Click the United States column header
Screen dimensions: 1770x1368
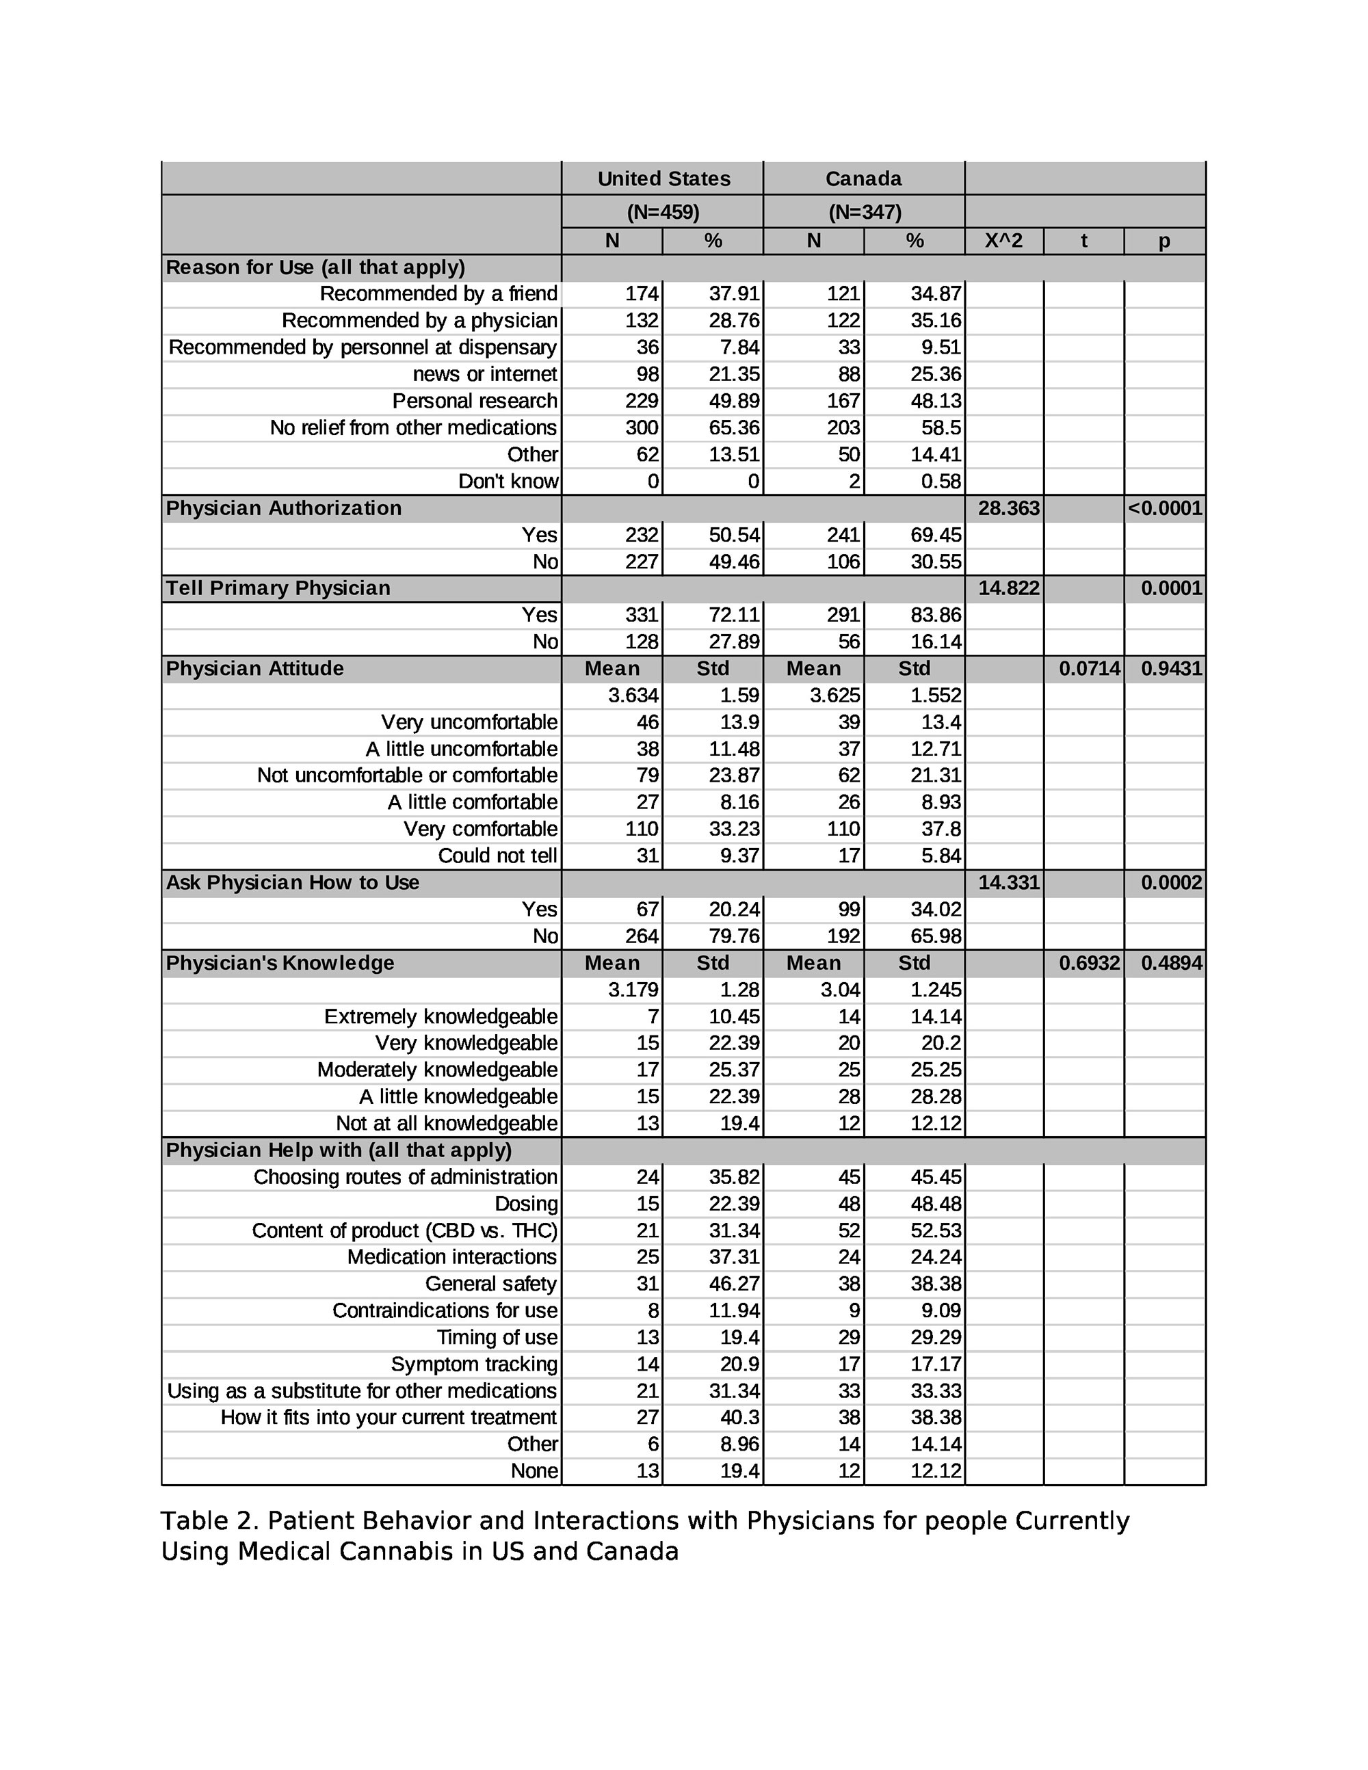[663, 179]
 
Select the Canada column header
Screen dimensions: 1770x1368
[863, 179]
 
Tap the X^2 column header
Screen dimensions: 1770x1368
[1003, 241]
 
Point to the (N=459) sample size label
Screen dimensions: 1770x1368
[663, 212]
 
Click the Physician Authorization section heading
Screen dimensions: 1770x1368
[284, 508]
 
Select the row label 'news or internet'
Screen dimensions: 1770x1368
[485, 374]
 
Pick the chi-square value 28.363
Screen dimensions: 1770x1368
[1008, 508]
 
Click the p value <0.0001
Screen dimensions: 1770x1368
[1165, 508]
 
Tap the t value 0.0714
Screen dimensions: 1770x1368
[1089, 669]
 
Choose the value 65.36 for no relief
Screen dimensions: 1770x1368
[733, 428]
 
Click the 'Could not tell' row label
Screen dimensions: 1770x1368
[497, 856]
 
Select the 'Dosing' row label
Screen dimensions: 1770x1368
[526, 1204]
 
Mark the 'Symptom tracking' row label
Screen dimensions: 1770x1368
[474, 1364]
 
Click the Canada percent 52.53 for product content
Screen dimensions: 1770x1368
[935, 1230]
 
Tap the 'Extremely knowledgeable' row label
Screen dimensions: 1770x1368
[441, 1016]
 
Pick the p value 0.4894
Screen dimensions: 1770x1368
[1171, 963]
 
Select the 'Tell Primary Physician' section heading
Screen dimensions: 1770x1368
[278, 588]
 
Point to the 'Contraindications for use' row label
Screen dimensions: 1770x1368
[445, 1310]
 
